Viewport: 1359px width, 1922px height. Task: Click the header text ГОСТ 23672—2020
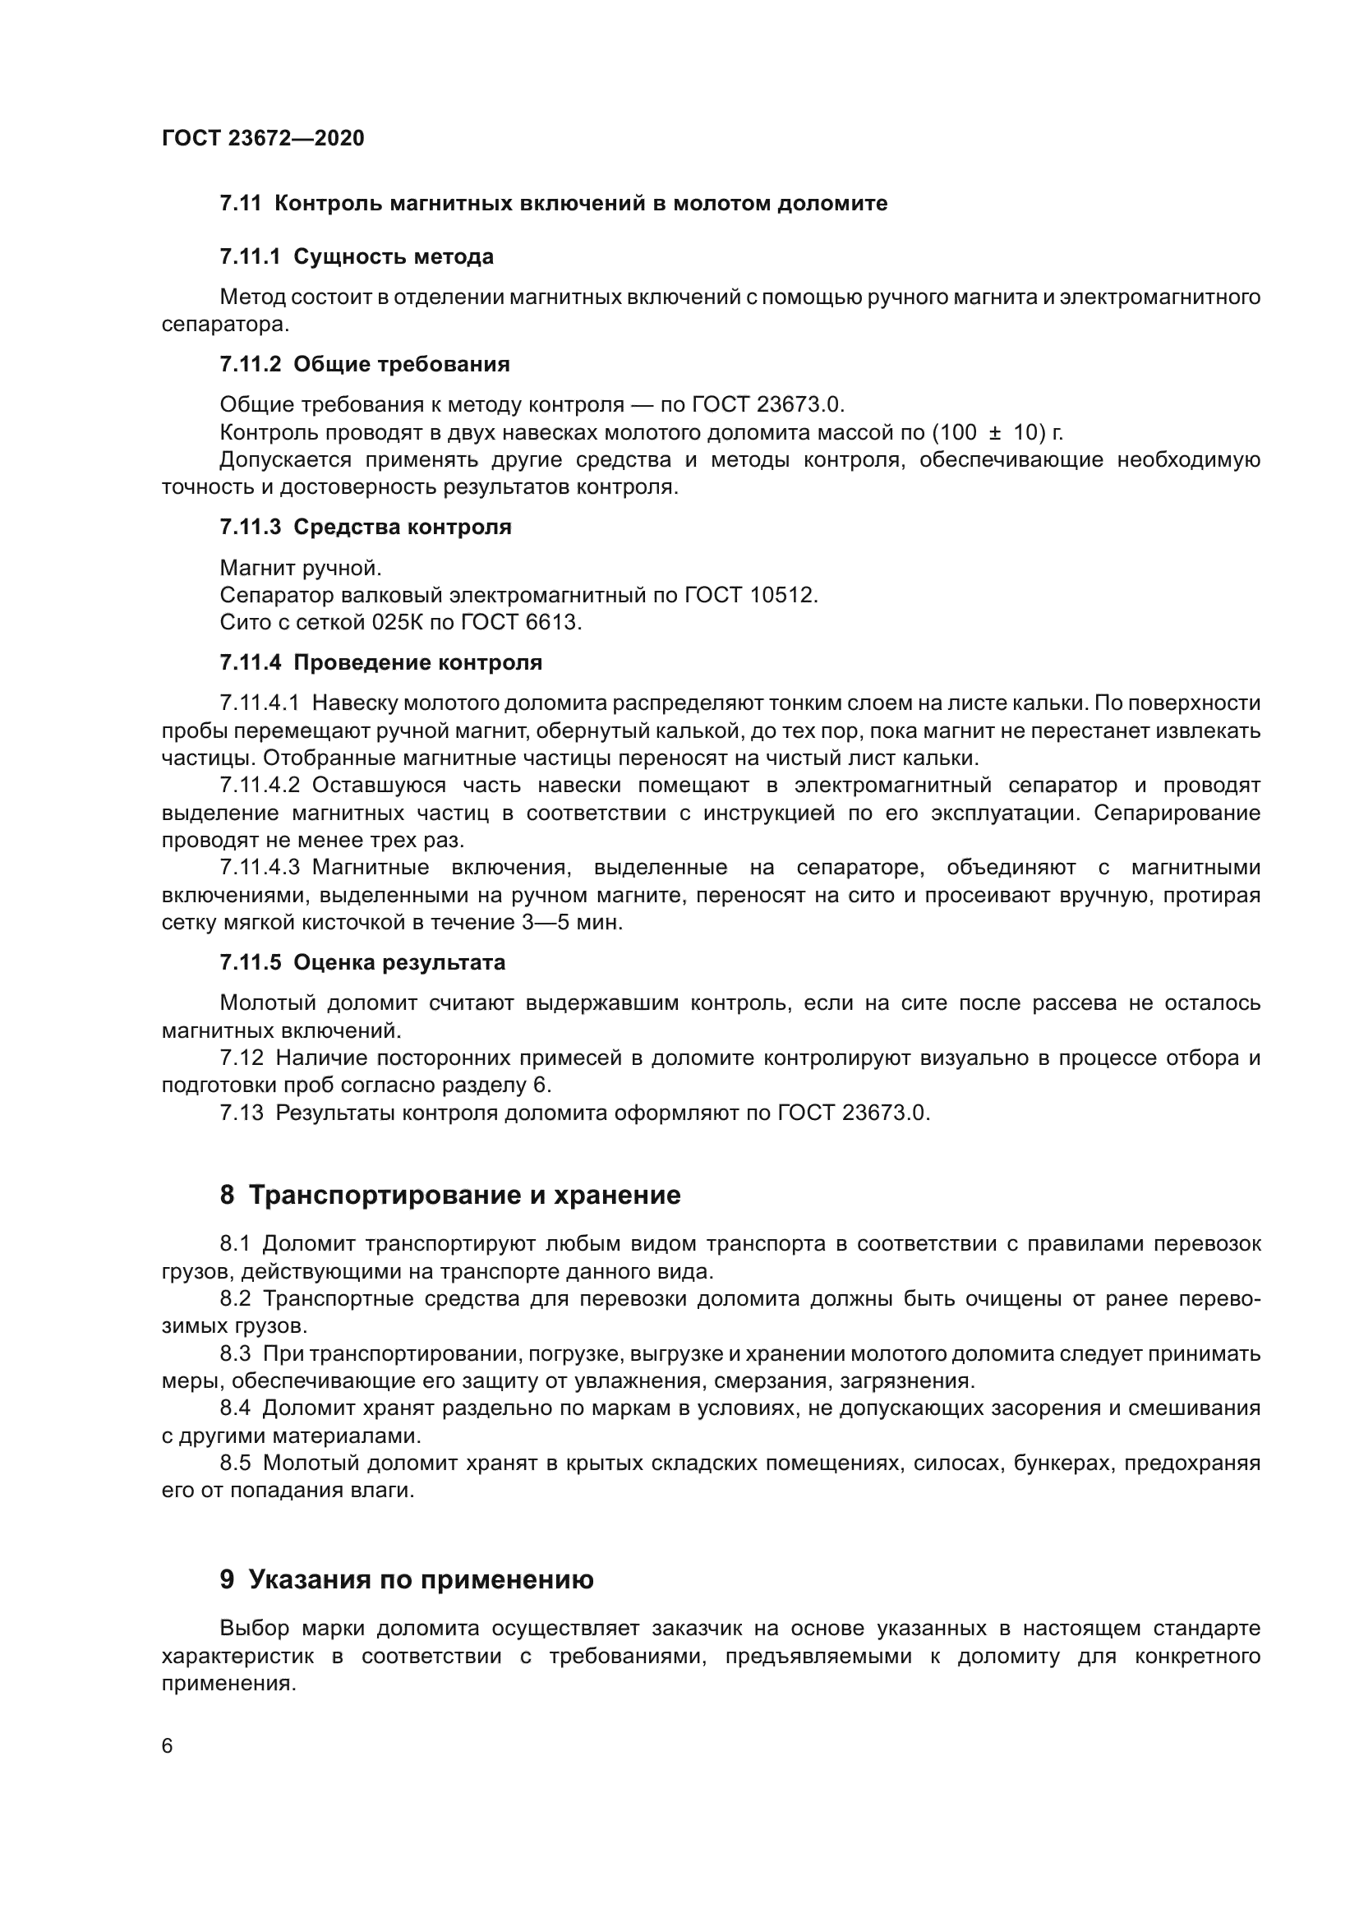click(263, 138)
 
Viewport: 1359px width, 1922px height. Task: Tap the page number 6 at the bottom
click(168, 1745)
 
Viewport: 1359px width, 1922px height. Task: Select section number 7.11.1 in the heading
click(251, 257)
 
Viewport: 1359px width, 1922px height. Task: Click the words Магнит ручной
click(301, 569)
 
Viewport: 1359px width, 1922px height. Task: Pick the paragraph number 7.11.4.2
click(260, 786)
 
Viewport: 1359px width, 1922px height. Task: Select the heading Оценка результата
click(399, 963)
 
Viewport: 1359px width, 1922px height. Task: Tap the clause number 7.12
click(241, 1058)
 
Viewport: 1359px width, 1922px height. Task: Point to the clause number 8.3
click(235, 1353)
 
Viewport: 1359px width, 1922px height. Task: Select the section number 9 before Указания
click(227, 1579)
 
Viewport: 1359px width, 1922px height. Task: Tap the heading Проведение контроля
click(417, 663)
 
